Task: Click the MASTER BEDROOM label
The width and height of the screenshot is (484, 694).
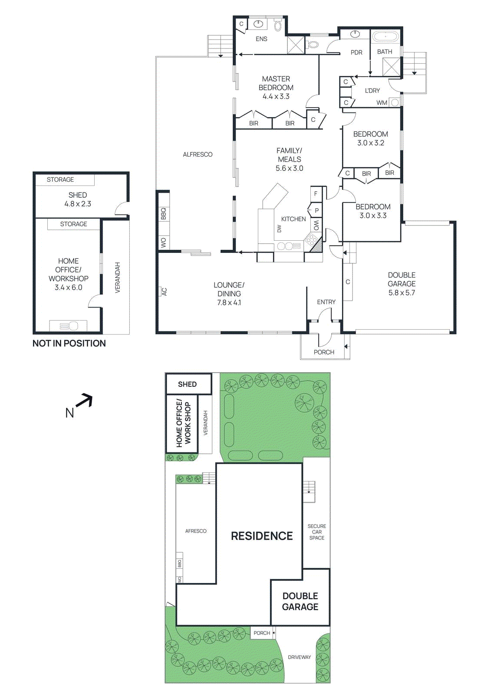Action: (276, 83)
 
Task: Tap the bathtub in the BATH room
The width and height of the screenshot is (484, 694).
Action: (385, 36)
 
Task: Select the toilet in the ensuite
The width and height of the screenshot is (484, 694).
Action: (278, 26)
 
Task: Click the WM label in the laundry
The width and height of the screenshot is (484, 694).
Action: (382, 103)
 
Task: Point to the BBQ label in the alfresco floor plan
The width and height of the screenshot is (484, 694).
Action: (164, 214)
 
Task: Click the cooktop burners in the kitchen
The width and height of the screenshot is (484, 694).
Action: (311, 240)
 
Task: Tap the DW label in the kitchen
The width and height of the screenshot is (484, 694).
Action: (279, 229)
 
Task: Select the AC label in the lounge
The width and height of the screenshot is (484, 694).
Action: (164, 292)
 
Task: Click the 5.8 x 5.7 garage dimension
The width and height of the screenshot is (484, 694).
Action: (402, 293)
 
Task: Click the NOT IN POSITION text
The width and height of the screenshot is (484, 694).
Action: (69, 344)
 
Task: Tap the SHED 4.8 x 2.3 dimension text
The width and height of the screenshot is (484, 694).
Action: (78, 204)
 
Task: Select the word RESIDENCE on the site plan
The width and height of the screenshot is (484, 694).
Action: (262, 536)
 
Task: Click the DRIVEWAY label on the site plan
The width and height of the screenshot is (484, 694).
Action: (299, 657)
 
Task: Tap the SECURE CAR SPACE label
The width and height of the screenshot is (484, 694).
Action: (316, 532)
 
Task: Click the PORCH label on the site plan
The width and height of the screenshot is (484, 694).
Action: (261, 633)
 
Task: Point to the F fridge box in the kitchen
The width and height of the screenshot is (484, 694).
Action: (316, 194)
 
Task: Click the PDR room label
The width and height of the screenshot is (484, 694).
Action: (356, 52)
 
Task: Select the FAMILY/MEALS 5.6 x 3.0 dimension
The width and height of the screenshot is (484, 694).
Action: (289, 168)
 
